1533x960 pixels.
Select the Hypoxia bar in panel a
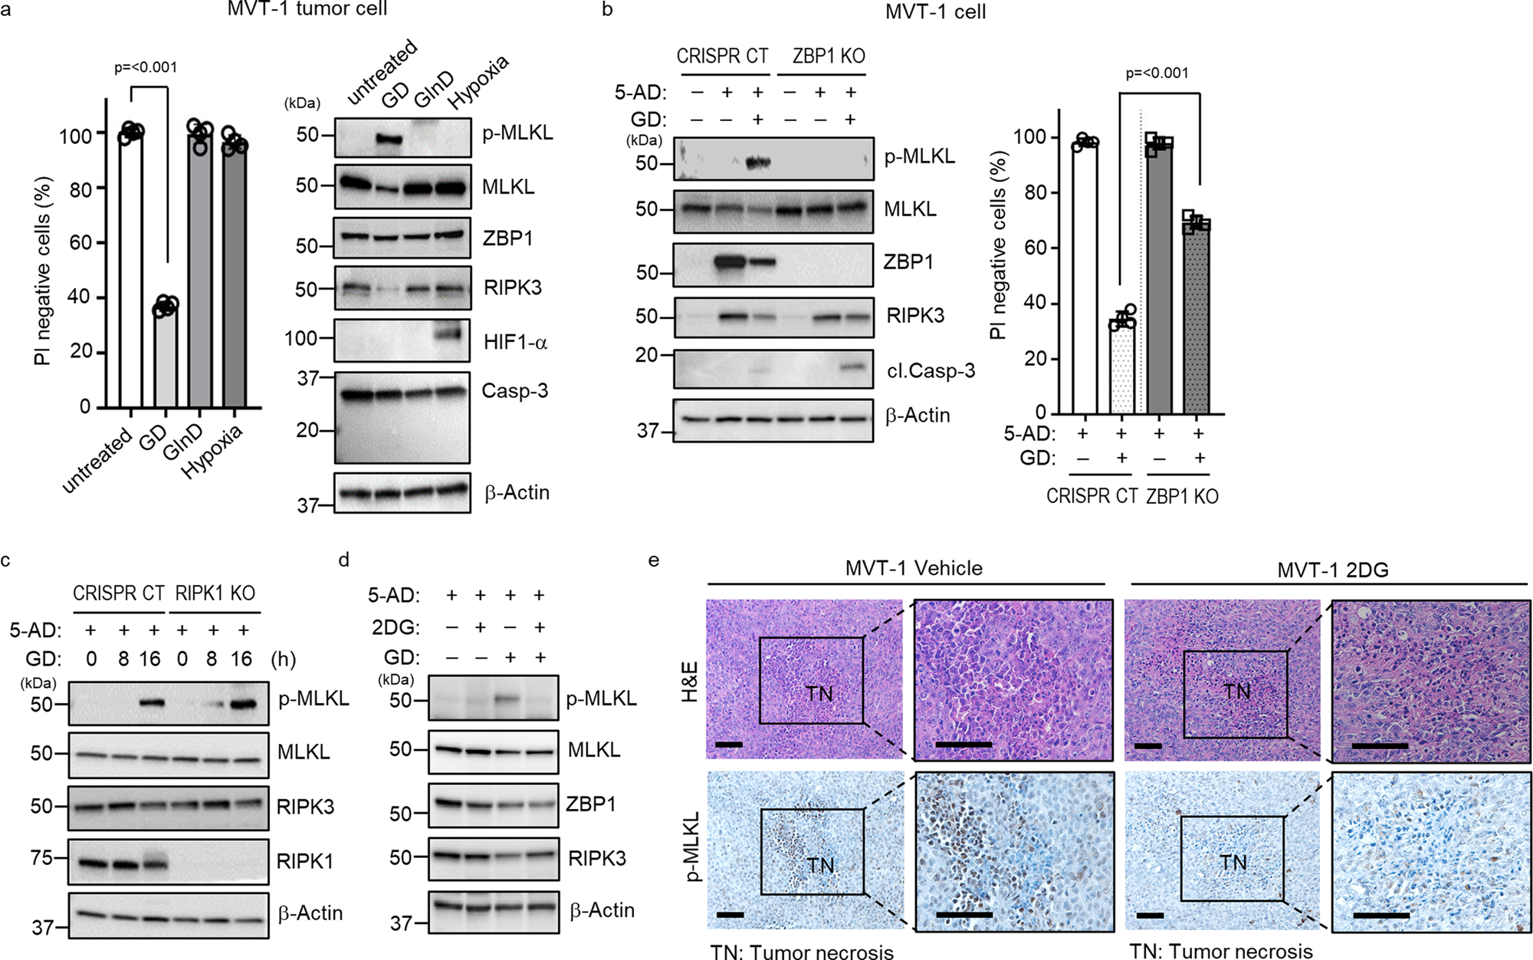click(235, 276)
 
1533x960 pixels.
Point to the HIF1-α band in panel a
click(449, 334)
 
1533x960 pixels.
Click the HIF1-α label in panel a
click(515, 342)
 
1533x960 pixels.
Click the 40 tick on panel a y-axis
click(79, 297)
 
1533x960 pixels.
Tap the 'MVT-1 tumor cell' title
click(307, 9)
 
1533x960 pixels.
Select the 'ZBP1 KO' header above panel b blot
click(829, 56)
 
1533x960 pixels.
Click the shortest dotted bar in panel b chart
click(1122, 367)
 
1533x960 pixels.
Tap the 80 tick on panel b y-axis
click(1036, 192)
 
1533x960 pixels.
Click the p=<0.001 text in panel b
click(1157, 74)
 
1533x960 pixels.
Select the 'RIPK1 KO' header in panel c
click(215, 593)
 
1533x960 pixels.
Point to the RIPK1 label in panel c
click(305, 861)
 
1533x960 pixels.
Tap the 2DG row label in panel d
click(396, 627)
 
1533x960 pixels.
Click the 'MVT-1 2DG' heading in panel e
click(1332, 570)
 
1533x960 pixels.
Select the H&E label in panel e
click(689, 681)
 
